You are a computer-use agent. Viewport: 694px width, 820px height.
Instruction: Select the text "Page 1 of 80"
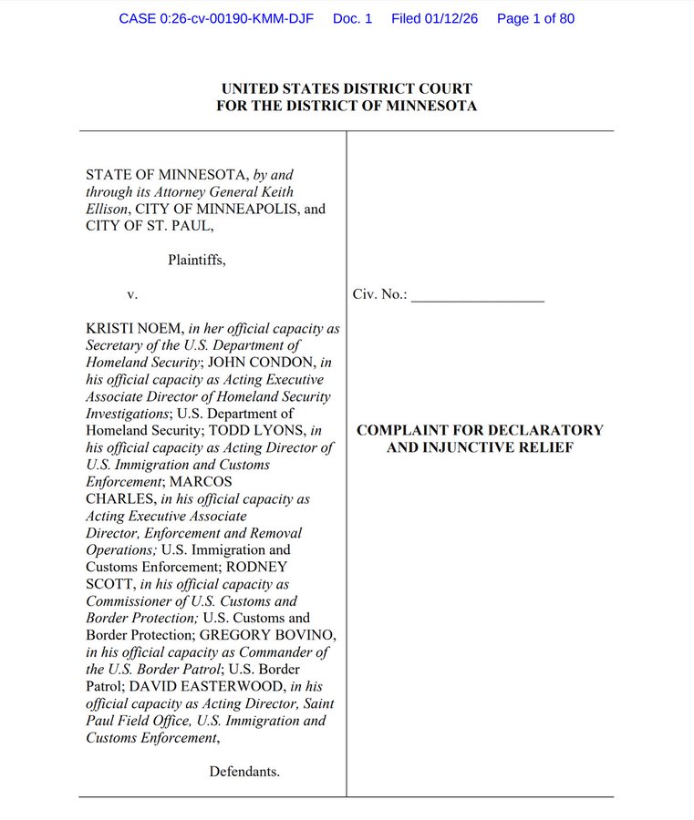point(535,18)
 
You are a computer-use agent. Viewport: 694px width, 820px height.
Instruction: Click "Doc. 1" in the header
point(353,18)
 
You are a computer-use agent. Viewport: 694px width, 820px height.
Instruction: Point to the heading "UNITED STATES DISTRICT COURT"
point(347,88)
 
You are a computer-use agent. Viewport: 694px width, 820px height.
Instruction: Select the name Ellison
point(109,209)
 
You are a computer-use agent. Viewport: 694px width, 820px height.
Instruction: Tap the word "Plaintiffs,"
point(196,260)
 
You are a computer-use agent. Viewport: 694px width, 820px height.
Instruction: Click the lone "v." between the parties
point(132,294)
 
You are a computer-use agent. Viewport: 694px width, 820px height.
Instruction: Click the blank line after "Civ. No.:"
point(477,295)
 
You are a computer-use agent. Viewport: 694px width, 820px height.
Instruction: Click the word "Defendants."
point(244,772)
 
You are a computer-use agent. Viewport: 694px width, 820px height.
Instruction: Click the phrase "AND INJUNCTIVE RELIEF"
point(480,447)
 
